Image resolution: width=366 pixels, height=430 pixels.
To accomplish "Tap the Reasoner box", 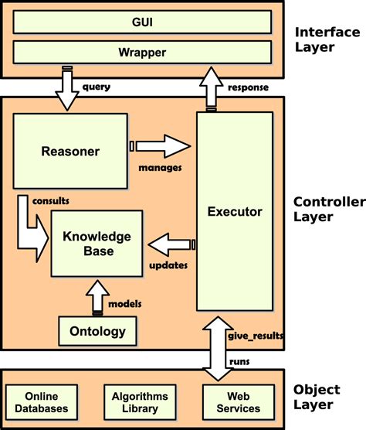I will pyautogui.click(x=69, y=152).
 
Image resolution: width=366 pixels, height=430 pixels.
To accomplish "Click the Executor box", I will pyautogui.click(x=235, y=210).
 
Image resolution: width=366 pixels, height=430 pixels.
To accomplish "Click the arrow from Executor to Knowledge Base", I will pyautogui.click(x=169, y=246).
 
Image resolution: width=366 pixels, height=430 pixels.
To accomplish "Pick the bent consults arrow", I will pyautogui.click(x=29, y=227).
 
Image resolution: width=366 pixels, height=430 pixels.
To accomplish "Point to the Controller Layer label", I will pyautogui.click(x=329, y=210).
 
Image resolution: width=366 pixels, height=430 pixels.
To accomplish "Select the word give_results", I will pyautogui.click(x=256, y=336).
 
